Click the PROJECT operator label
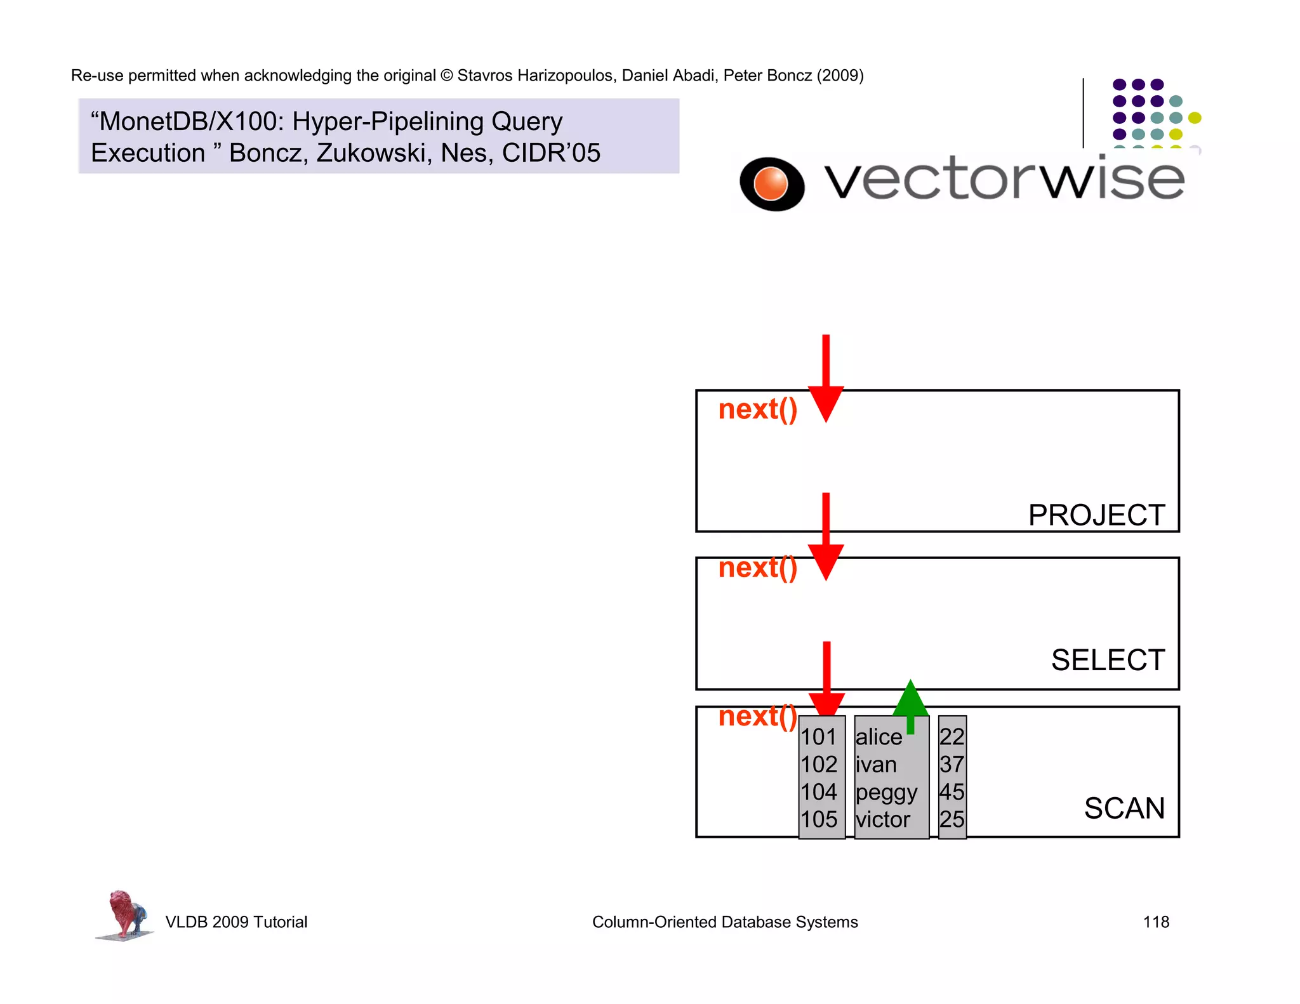1096,515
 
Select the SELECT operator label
1108,660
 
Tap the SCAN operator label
1124,809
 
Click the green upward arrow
910,704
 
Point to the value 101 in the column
819,737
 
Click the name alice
879,737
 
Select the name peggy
886,793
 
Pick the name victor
882,820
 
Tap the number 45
952,792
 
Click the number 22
952,737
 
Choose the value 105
819,820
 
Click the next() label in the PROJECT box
757,409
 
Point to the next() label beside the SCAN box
757,717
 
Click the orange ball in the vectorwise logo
771,183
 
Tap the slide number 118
1156,922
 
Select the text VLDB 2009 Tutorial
236,922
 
